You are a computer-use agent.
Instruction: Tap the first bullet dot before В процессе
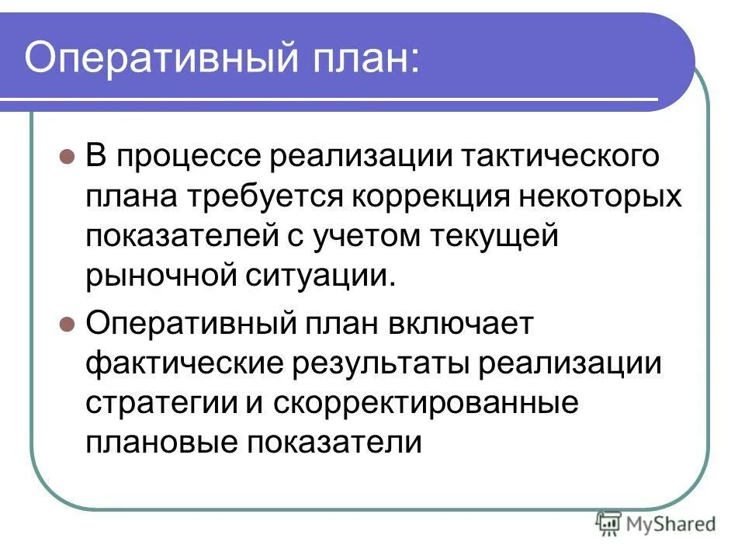click(67, 157)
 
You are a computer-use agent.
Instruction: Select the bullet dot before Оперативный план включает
click(67, 323)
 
